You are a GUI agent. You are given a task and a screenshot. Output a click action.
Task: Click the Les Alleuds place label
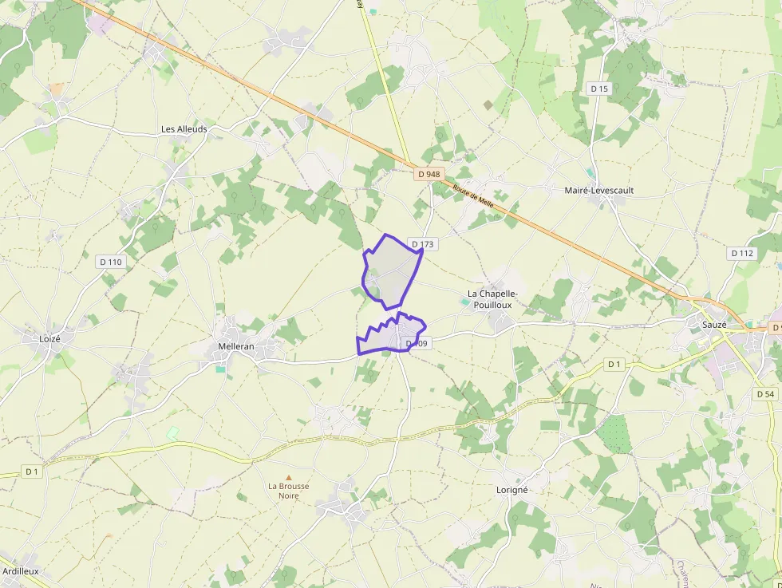184,129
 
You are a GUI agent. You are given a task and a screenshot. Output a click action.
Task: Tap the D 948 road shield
429,174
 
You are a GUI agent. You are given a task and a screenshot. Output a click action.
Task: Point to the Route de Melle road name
473,195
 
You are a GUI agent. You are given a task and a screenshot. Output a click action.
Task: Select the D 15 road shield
599,89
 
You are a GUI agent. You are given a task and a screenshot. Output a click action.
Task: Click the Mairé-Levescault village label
598,191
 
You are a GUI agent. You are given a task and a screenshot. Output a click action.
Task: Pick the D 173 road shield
422,244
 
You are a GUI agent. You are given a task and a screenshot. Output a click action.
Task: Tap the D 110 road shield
111,262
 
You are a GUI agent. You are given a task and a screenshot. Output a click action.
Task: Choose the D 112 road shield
742,253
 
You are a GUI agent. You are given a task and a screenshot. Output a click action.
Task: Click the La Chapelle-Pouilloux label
492,300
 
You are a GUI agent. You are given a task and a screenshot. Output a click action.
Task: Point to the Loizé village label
49,338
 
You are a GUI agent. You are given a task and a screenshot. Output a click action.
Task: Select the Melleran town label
236,346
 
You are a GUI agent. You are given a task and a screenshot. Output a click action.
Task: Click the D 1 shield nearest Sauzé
614,364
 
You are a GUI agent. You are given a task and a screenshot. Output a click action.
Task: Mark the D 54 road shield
764,394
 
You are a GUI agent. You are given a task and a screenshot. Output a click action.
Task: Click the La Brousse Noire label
288,491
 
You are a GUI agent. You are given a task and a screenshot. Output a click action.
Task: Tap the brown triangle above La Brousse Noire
289,477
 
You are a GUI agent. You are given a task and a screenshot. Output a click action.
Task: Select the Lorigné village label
511,490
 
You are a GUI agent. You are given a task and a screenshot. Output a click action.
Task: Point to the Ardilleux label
21,571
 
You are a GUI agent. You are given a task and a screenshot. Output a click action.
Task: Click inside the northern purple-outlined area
391,271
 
